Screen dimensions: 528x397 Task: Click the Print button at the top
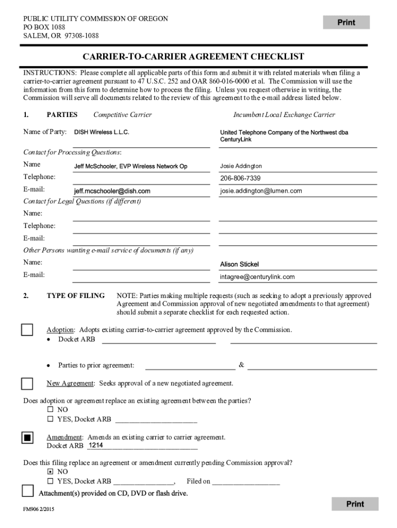346,22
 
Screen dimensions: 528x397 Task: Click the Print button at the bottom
355,504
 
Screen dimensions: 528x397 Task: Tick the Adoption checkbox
27,330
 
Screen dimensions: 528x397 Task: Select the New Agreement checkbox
27,384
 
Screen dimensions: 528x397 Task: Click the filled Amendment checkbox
27,438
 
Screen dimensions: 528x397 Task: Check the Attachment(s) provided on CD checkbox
27,490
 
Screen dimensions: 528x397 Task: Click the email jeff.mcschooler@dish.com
112,191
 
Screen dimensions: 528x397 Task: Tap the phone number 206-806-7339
240,178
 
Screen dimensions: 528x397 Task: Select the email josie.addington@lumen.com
261,191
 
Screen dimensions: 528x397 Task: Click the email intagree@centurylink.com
257,277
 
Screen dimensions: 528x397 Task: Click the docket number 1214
96,445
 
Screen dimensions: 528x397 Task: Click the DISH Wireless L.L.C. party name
102,133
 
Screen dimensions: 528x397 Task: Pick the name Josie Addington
241,166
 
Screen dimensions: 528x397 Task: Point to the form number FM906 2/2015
39,509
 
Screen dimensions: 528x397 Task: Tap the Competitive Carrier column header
122,115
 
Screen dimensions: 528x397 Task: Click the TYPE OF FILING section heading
75,296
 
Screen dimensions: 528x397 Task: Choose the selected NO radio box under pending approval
50,471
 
